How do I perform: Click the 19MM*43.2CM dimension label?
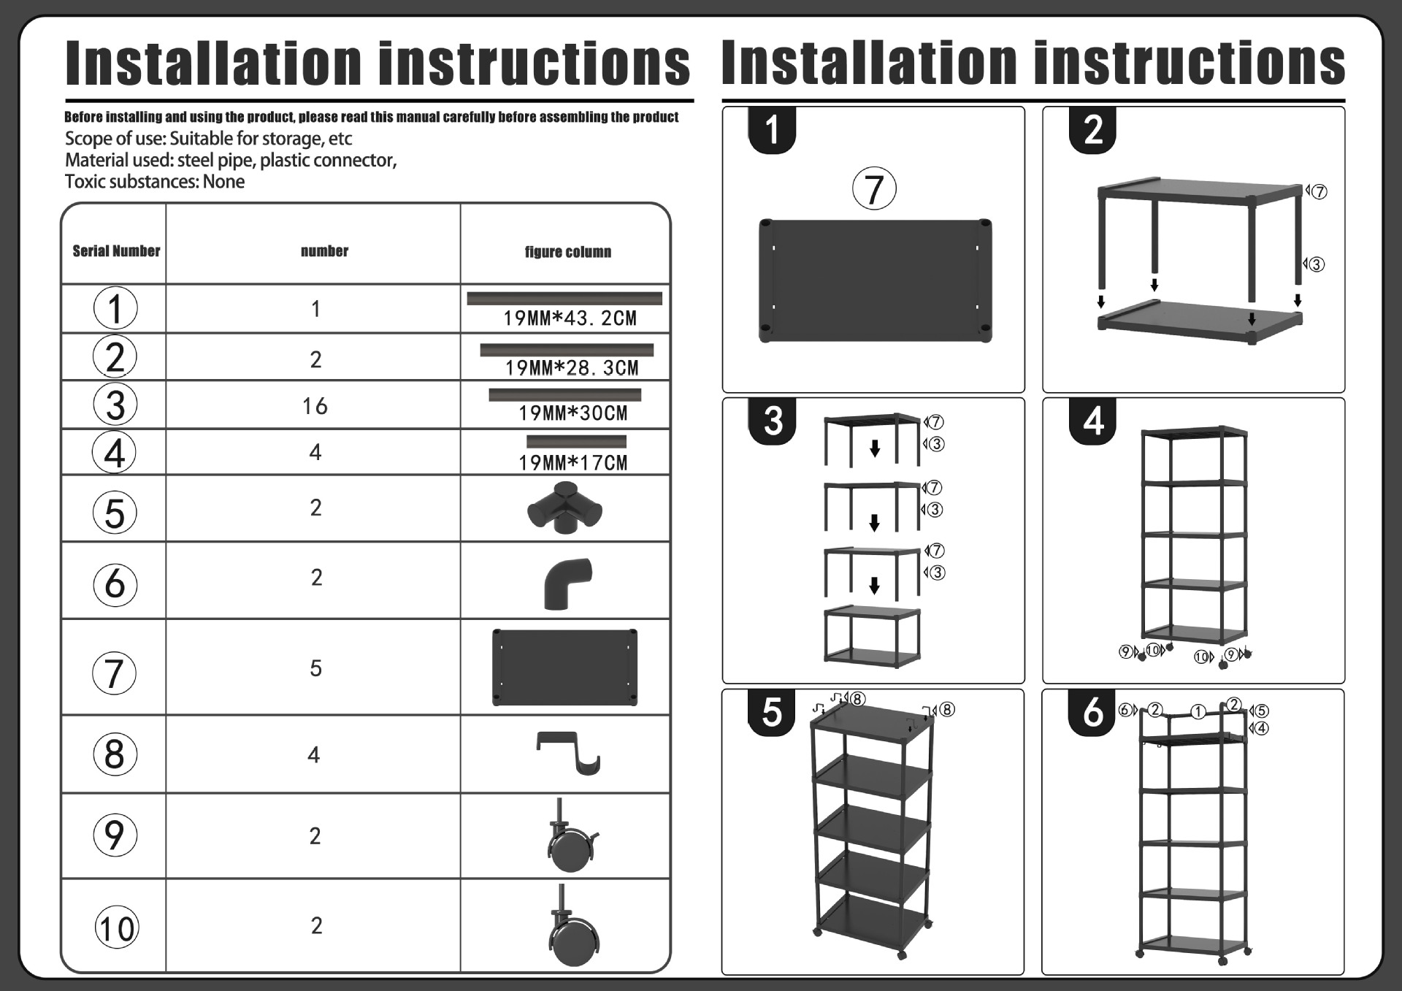570,318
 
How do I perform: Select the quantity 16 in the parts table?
315,406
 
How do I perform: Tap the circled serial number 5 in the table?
115,513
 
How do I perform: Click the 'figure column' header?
567,252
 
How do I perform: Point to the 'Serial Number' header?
116,251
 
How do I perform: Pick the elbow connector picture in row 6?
567,583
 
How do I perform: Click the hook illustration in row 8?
569,752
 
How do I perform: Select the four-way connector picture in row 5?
564,508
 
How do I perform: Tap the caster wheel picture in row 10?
573,926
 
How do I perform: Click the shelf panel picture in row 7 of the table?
564,667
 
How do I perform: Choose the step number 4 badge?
1093,421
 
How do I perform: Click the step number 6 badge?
1092,712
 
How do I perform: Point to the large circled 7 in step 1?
874,189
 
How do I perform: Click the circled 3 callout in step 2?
1317,264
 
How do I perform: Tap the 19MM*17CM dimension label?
572,463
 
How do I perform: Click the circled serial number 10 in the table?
116,929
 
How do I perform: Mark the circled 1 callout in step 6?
1198,711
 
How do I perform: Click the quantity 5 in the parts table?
315,668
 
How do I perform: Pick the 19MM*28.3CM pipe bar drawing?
566,351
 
